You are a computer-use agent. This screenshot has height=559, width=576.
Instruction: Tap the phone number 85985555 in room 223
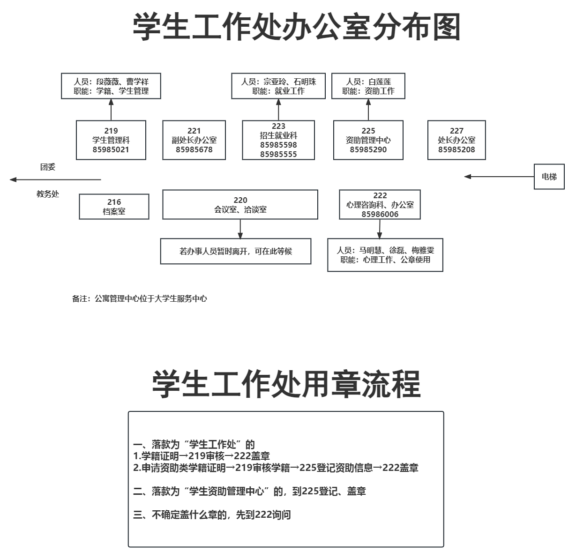point(278,154)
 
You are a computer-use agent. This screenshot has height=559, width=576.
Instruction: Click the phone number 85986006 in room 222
point(380,214)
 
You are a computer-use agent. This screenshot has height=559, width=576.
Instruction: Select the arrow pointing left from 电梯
point(499,177)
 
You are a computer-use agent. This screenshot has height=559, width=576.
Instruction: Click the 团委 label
point(48,167)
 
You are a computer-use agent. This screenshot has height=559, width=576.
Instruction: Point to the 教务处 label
point(48,194)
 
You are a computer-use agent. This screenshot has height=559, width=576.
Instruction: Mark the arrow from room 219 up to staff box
point(111,110)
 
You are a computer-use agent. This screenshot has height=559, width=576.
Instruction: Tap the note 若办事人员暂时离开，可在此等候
point(236,251)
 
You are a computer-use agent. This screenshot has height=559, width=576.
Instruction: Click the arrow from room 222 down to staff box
point(380,229)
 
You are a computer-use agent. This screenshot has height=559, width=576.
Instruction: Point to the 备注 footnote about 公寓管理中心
point(139,298)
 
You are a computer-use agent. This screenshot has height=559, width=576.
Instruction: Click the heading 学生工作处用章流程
point(286,384)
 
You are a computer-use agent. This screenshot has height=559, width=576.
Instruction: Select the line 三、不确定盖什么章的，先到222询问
point(212,515)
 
